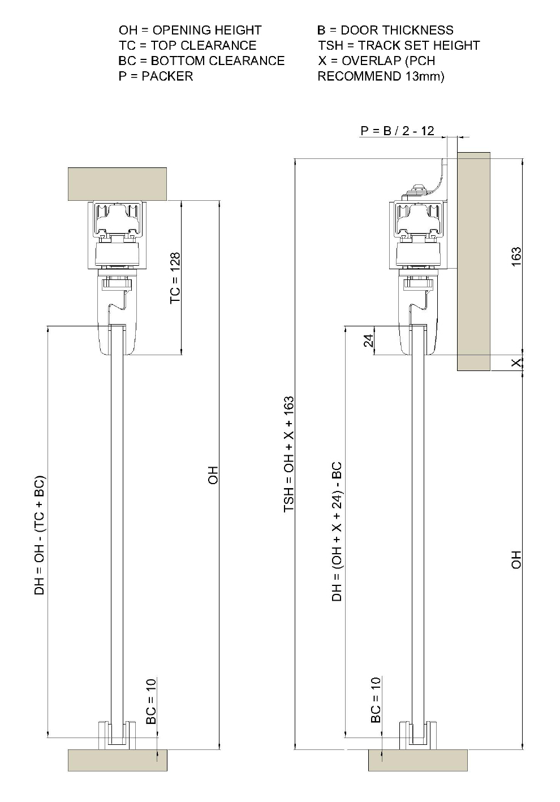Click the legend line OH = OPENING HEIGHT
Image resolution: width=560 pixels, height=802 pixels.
[190, 30]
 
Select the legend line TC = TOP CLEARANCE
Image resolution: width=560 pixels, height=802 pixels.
[187, 45]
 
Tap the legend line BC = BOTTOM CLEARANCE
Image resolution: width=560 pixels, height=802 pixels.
[201, 61]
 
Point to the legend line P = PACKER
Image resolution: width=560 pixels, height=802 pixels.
[156, 76]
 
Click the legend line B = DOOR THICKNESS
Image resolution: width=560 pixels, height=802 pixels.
[385, 30]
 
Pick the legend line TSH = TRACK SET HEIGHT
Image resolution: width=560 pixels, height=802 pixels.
[399, 45]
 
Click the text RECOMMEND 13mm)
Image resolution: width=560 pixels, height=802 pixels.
[381, 76]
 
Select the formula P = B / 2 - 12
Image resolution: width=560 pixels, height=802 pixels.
[397, 131]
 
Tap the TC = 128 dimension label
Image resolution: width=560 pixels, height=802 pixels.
[175, 278]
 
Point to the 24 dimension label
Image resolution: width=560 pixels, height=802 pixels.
[369, 340]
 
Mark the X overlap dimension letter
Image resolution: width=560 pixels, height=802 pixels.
[516, 363]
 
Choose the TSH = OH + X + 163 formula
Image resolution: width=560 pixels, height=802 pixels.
[289, 455]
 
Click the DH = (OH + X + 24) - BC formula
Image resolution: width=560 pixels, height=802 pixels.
[337, 531]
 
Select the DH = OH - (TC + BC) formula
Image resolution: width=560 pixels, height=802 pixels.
[40, 535]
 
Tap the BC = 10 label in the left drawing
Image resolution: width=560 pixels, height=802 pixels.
[151, 701]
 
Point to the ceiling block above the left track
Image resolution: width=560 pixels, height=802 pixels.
[117, 184]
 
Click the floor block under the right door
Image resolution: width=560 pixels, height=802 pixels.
[417, 760]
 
